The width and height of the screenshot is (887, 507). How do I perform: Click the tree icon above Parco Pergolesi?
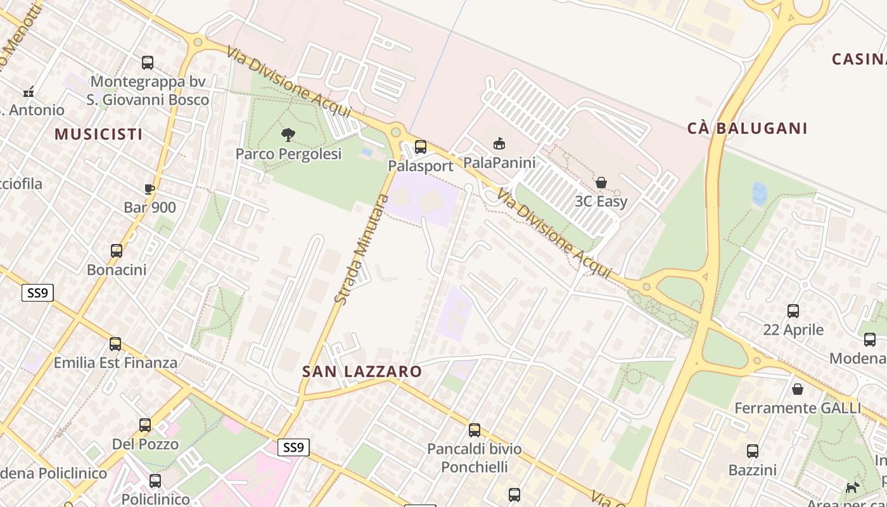[288, 134]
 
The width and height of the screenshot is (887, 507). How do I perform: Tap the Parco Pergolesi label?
[288, 154]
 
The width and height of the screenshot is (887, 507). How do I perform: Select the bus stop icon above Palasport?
[421, 147]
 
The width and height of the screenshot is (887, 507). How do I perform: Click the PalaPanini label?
[499, 163]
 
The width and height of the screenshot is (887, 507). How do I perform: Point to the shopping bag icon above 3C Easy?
[601, 183]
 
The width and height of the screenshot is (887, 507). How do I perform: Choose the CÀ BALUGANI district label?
[747, 129]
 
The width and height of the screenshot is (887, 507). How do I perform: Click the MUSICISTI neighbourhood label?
[98, 134]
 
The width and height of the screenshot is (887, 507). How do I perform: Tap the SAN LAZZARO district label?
[362, 372]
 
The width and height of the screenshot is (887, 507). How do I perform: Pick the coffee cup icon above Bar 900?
[150, 189]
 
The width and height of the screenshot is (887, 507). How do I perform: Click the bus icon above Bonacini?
[117, 251]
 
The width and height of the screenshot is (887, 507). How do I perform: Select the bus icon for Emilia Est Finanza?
[115, 344]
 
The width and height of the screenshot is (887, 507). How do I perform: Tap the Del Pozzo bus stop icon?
[145, 425]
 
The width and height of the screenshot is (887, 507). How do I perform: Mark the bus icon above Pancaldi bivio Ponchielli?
[475, 430]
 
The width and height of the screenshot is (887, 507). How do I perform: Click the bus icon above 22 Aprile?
[793, 311]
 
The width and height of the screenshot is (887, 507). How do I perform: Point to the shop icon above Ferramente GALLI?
[798, 388]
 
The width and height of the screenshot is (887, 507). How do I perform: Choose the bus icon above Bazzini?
[753, 451]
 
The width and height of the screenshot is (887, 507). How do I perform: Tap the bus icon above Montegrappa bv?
[148, 63]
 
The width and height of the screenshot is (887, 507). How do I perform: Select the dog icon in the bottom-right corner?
[853, 487]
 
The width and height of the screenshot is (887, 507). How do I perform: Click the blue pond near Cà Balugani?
[759, 193]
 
